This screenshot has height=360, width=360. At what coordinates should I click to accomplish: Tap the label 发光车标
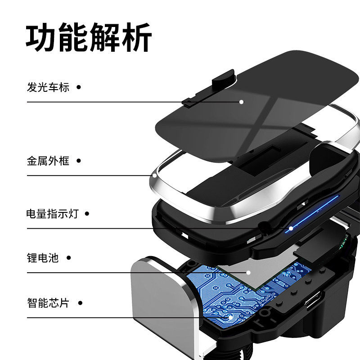pos(48,87)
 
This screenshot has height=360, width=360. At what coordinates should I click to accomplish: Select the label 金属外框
pos(48,161)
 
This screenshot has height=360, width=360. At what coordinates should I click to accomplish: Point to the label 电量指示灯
pos(52,214)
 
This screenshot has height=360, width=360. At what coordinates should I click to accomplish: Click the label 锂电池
pos(43,258)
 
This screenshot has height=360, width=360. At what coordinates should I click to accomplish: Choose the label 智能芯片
pos(48,302)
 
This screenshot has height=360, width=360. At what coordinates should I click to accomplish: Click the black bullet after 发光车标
pos(79,87)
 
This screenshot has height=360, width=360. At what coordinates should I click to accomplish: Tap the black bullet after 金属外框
pos(79,161)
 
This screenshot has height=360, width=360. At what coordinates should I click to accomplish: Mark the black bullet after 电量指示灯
pos(87,214)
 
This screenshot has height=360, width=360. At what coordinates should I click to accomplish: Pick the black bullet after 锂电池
pos(68,258)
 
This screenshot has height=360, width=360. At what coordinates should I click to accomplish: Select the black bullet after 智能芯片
pos(79,302)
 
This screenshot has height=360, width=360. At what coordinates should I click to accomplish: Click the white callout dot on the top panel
pos(241,102)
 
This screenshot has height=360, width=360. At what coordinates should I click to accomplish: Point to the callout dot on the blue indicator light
pos(291,228)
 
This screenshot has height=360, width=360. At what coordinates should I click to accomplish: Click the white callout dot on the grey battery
pos(247,272)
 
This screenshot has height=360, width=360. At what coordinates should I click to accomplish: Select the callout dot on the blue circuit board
pos(230,317)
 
